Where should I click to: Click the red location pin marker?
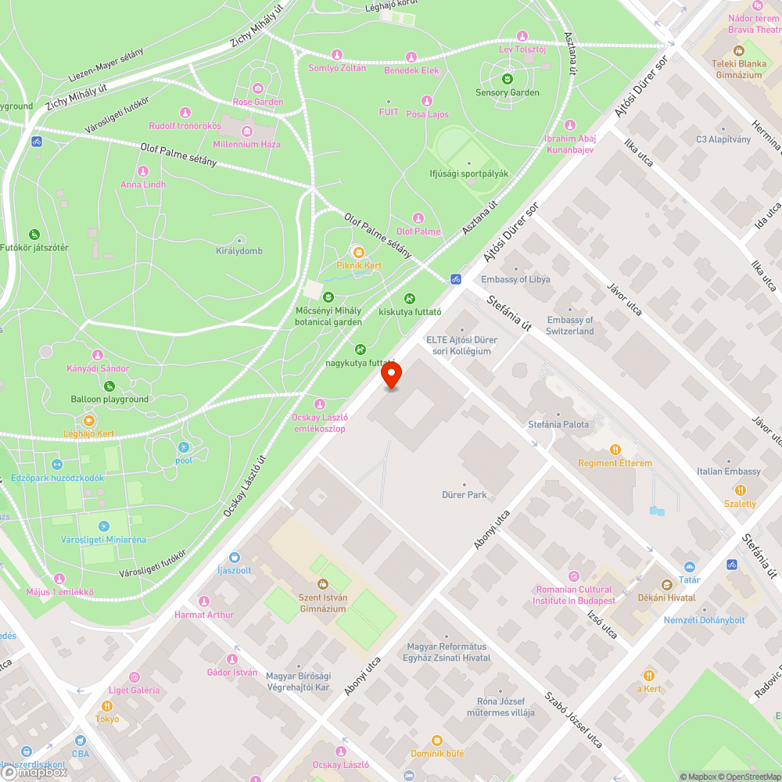tap(392, 376)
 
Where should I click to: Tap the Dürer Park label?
tap(465, 494)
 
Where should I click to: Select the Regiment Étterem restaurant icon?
tap(615, 450)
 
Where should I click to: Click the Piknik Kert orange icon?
tap(359, 252)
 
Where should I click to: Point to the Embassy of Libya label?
tap(515, 279)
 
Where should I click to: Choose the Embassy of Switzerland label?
tap(570, 325)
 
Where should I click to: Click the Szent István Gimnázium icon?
tap(322, 583)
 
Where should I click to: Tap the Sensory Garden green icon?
tap(508, 79)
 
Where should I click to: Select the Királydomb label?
tap(239, 251)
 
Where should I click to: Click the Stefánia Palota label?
tap(558, 425)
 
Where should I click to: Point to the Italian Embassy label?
tap(729, 472)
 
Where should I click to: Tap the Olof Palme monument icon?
tap(418, 218)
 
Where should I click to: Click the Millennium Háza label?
tap(246, 144)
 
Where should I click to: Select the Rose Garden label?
tap(258, 102)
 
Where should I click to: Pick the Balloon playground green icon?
tap(109, 386)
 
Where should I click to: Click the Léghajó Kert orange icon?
tap(89, 421)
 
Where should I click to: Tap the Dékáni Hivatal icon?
tap(666, 585)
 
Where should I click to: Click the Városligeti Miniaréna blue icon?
tap(104, 526)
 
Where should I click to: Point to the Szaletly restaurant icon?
tap(740, 490)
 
